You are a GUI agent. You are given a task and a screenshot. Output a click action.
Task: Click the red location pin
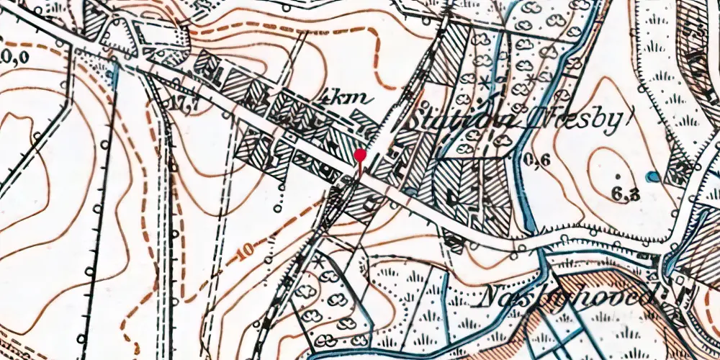pyautogui.click(x=360, y=156)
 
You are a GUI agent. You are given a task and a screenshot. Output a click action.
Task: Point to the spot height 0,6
pyautogui.click(x=538, y=161)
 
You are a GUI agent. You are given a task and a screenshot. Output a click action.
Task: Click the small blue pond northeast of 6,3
pyautogui.click(x=652, y=176)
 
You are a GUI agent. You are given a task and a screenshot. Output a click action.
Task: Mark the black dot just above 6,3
pyautogui.click(x=618, y=176)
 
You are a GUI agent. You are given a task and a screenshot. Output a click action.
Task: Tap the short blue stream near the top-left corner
pyautogui.click(x=115, y=72)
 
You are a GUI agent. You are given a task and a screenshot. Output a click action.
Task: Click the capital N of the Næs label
pyautogui.click(x=491, y=295)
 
